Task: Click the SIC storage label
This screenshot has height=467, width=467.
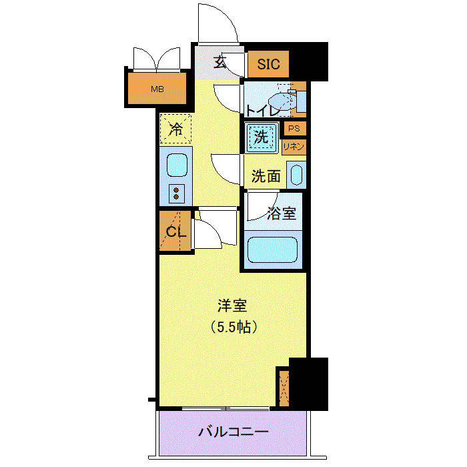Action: [x=269, y=65]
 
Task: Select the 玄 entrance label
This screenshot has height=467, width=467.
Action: [x=219, y=63]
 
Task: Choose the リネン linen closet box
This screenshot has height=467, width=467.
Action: [x=294, y=147]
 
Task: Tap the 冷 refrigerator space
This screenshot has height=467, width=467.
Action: [x=175, y=129]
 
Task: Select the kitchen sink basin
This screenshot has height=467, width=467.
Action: [x=176, y=165]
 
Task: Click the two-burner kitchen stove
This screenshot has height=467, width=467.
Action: [x=176, y=193]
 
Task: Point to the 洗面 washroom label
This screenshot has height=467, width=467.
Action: [x=266, y=177]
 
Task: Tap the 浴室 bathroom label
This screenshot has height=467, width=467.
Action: [x=280, y=215]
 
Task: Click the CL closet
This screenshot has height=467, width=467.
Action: [x=175, y=232]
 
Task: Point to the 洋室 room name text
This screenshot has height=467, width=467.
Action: [x=233, y=306]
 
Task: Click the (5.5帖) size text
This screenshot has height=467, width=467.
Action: [x=233, y=328]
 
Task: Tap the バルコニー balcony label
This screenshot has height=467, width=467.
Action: [x=233, y=432]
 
